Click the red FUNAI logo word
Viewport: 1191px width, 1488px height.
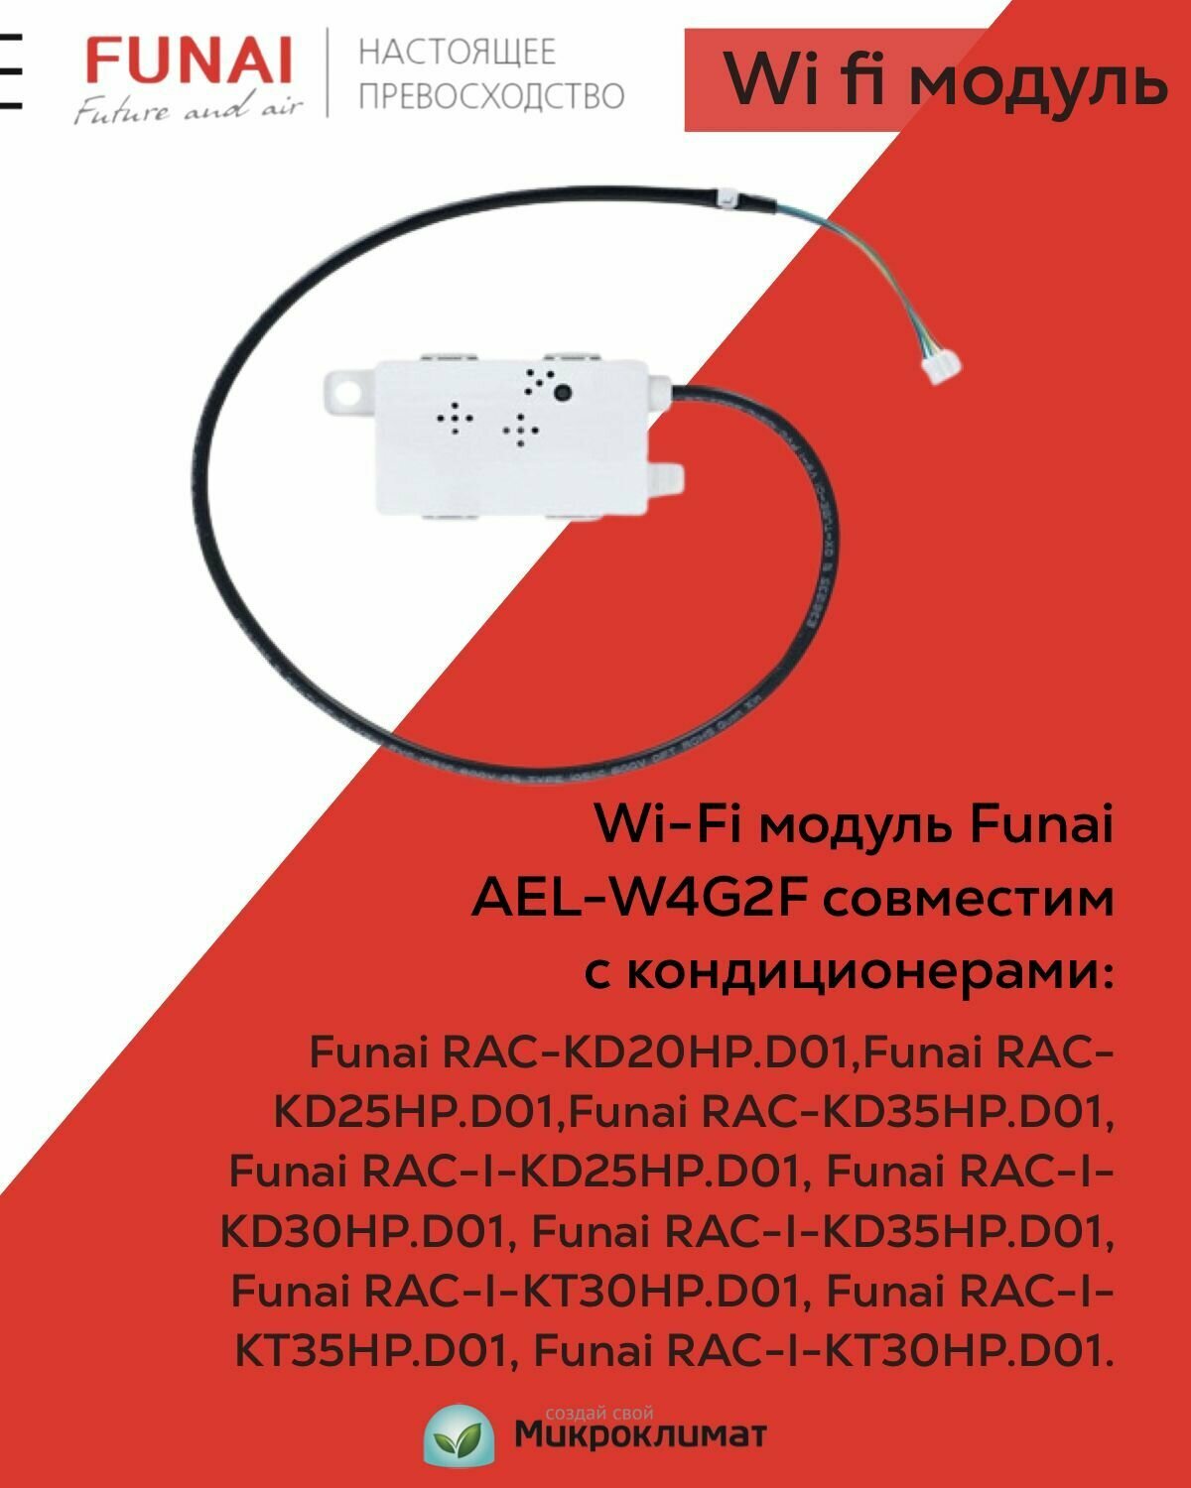[x=189, y=62]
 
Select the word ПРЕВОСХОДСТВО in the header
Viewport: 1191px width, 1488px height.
[x=491, y=95]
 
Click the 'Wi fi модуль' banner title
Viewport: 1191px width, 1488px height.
[x=944, y=79]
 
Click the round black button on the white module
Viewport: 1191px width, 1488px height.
[x=564, y=392]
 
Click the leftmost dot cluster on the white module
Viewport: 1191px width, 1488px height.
[x=455, y=419]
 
